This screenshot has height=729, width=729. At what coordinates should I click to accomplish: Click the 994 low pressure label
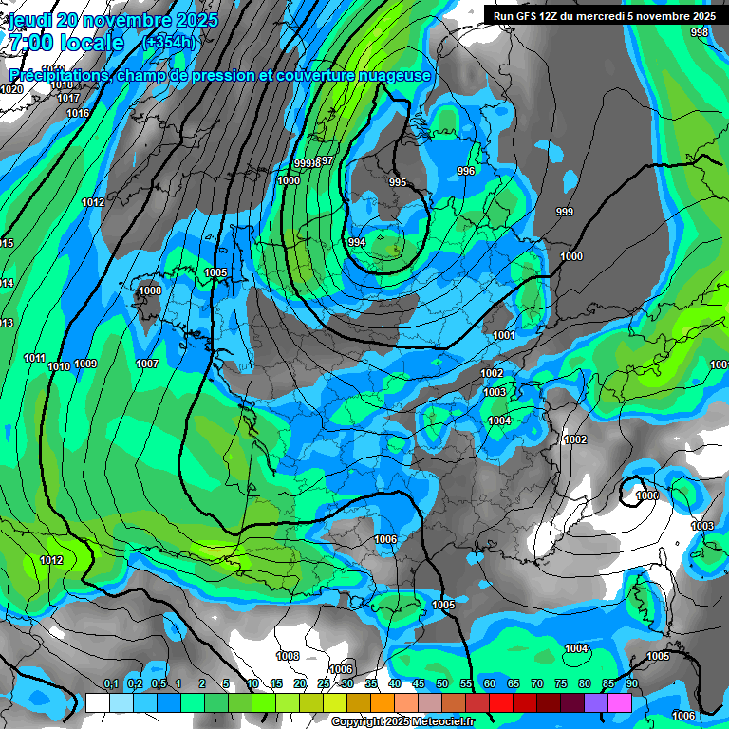coord(357,243)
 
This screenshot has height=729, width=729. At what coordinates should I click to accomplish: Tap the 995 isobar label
coord(398,182)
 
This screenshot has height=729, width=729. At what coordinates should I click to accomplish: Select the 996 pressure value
coord(465,171)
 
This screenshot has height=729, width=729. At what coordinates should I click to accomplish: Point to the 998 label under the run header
coord(700,33)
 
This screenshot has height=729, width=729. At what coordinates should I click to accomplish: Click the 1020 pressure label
coord(11,89)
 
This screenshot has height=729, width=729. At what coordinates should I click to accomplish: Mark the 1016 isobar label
coord(78,114)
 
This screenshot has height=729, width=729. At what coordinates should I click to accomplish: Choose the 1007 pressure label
coord(146,364)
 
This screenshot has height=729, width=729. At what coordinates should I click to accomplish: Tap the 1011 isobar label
coord(34,358)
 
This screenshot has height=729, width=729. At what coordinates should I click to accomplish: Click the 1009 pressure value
coord(85,364)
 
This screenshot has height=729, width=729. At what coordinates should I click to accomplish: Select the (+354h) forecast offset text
coord(168,42)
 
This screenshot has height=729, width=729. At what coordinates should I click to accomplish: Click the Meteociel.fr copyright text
coord(402,722)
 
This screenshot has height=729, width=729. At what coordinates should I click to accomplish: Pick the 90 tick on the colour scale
coord(631,684)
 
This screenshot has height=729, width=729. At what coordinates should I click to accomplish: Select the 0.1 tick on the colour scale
coord(110,684)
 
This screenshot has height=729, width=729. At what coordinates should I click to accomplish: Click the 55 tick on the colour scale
coord(466,684)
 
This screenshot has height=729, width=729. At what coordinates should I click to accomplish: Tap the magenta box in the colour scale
coord(620,702)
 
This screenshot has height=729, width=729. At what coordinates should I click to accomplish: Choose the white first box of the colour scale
coord(98,702)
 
